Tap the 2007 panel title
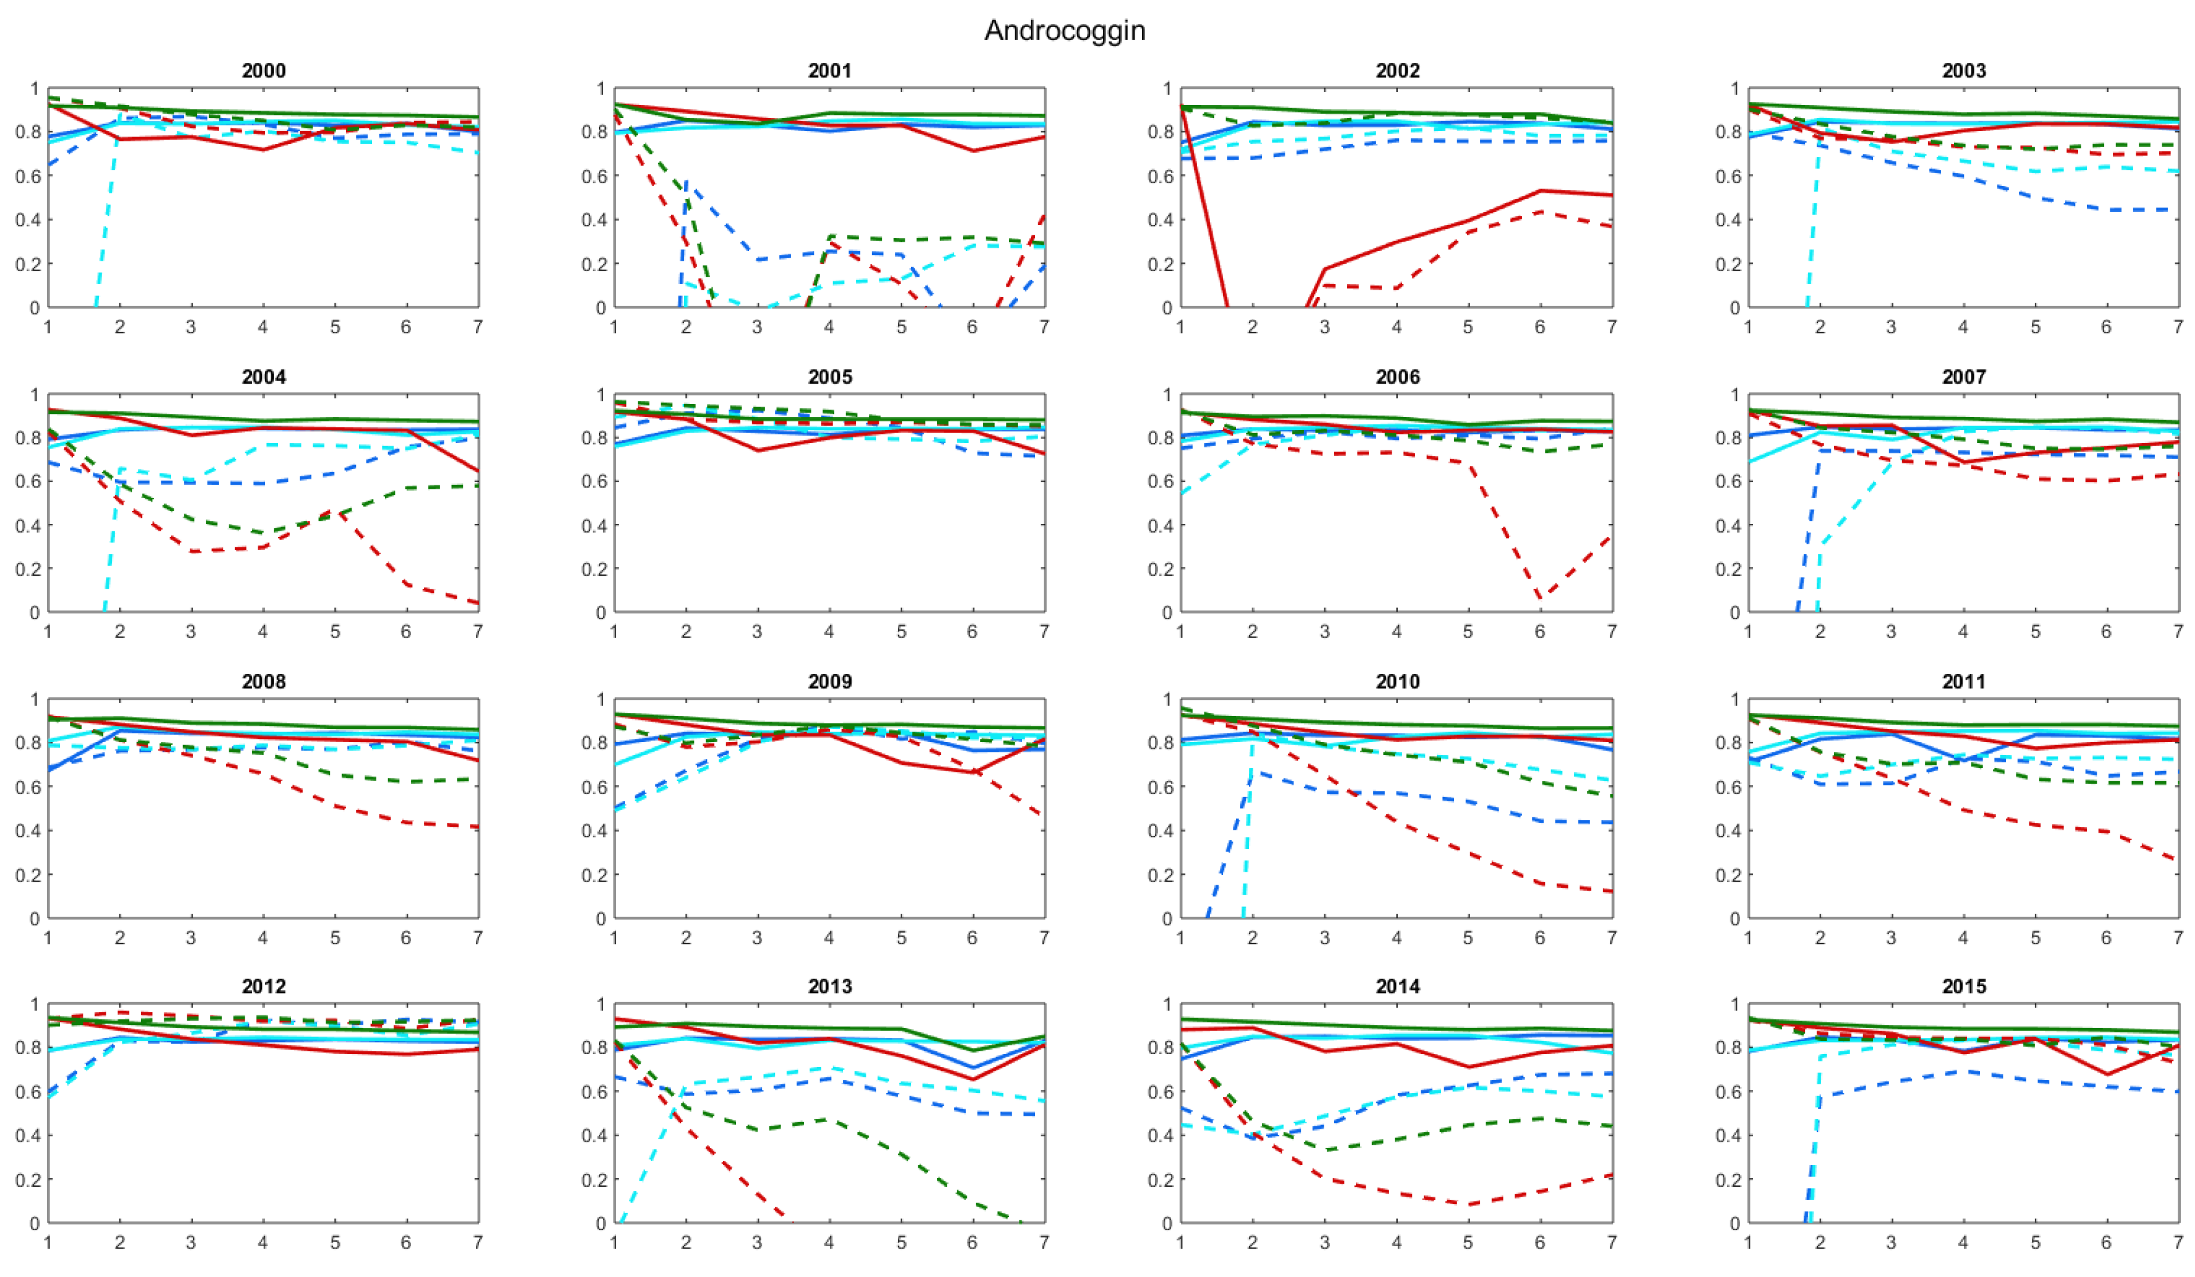[x=1963, y=377]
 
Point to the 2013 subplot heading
[x=829, y=987]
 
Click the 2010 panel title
[x=1397, y=682]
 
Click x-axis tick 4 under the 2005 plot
[x=829, y=631]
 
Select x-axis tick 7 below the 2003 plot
[x=2178, y=327]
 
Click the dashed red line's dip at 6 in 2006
[x=1540, y=599]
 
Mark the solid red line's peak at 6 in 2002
[x=1540, y=191]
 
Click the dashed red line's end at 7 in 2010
[x=1612, y=891]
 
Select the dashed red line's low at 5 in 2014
[x=1468, y=1205]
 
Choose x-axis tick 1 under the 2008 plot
[x=48, y=938]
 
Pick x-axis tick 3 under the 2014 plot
[x=1325, y=1242]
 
